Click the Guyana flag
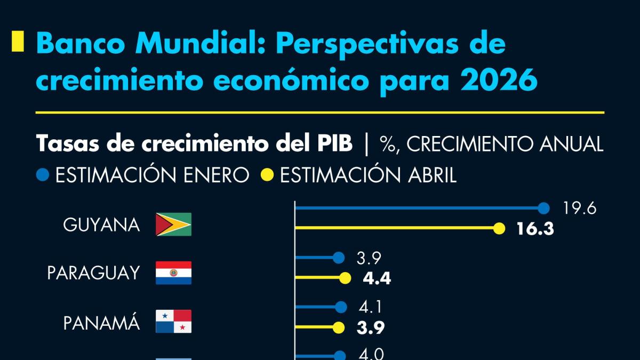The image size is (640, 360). pos(173,225)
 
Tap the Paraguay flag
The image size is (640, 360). pos(173,273)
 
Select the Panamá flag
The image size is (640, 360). pos(173,322)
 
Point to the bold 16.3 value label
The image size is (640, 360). pos(535,229)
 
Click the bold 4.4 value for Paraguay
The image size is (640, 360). pos(377,278)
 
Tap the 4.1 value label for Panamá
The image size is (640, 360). pos(370,307)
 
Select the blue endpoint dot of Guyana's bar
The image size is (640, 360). pos(543,209)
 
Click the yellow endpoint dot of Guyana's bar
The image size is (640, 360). pos(499,229)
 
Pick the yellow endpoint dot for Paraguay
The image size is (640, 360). pos(345,278)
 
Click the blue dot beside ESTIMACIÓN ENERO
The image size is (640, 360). pos(44,175)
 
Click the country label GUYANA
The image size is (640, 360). pos(101,225)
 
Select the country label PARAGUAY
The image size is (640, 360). pos(93,273)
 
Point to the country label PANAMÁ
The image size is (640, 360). pos(101,322)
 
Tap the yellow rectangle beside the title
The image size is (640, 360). pos(18,42)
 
